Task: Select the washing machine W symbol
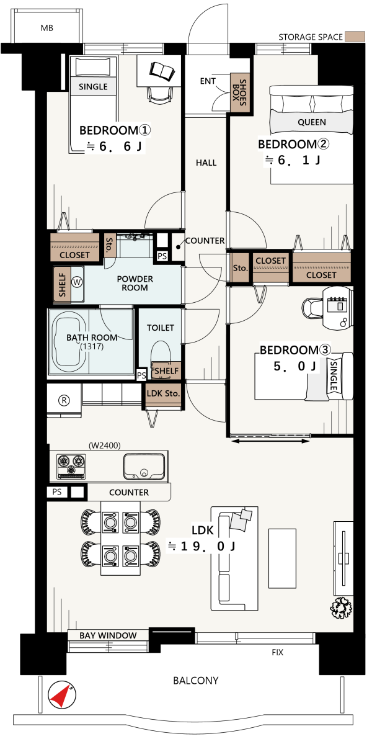point(77,282)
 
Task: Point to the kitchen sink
point(144,465)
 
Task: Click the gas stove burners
point(71,465)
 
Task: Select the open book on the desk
point(162,71)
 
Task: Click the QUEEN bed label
point(312,122)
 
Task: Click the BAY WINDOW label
point(108,635)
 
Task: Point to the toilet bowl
point(161,356)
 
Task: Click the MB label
point(46,28)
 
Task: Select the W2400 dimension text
point(105,444)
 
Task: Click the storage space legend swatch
point(355,37)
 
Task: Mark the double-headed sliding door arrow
point(270,441)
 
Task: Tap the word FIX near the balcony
point(278,653)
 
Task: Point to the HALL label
point(206,163)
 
